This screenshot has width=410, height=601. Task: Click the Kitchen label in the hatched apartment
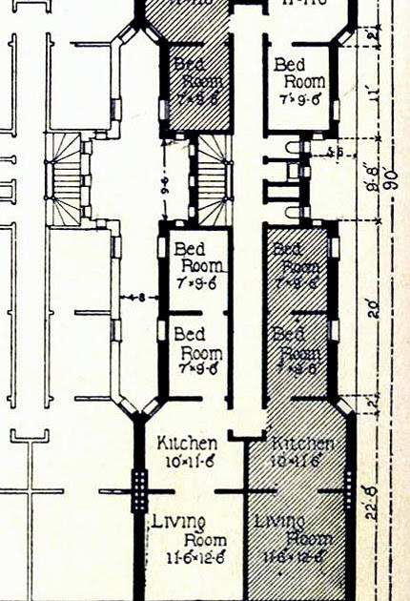302,444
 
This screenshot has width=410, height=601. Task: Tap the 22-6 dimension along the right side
377,496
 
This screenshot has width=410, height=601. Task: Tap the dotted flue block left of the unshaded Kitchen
140,490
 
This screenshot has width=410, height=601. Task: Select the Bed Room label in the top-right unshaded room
298,73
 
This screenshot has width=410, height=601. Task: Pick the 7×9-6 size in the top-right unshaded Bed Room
298,99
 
